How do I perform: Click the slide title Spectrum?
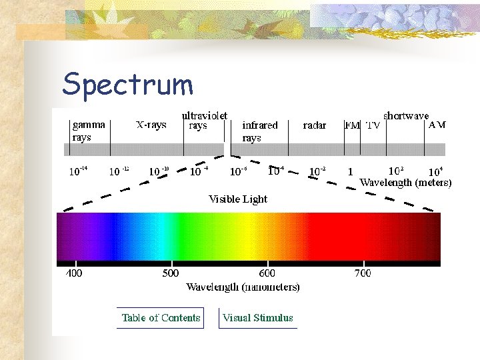pos(127,85)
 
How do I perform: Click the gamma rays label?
pos(89,131)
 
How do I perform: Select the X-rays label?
pos(151,125)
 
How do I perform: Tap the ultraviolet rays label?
pos(204,120)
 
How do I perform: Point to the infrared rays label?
pos(259,131)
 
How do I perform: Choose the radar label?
pos(315,125)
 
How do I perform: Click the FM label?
pos(352,125)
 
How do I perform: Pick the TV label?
pos(373,125)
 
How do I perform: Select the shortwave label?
pos(406,115)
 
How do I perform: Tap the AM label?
pos(437,125)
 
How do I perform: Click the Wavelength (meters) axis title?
pos(405,182)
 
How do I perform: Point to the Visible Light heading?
pos(238,199)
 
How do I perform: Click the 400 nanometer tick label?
pos(74,273)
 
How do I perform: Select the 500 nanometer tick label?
pos(171,273)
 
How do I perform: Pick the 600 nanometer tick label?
pos(267,273)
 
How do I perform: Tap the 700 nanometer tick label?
pos(363,273)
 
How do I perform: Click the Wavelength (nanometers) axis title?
pos(243,287)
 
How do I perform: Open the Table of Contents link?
pos(161,318)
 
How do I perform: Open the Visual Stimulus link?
pos(258,318)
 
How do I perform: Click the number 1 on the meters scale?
pos(351,171)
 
